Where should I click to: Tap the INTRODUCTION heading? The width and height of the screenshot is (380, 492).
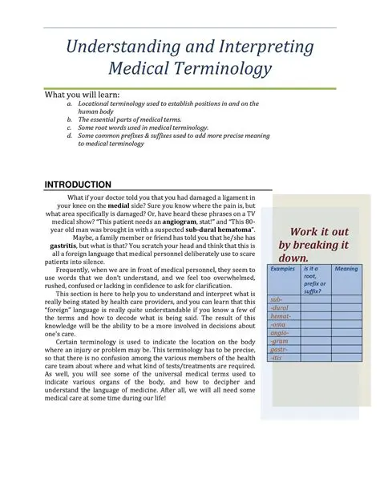pyautogui.click(x=78, y=184)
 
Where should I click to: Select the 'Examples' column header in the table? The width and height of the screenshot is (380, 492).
pyautogui.click(x=282, y=269)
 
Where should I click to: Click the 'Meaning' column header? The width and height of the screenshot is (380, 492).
pyautogui.click(x=346, y=269)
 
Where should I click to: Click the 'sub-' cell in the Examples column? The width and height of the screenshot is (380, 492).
pyautogui.click(x=277, y=299)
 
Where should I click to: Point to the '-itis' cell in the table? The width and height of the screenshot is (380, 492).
pyautogui.click(x=277, y=359)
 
